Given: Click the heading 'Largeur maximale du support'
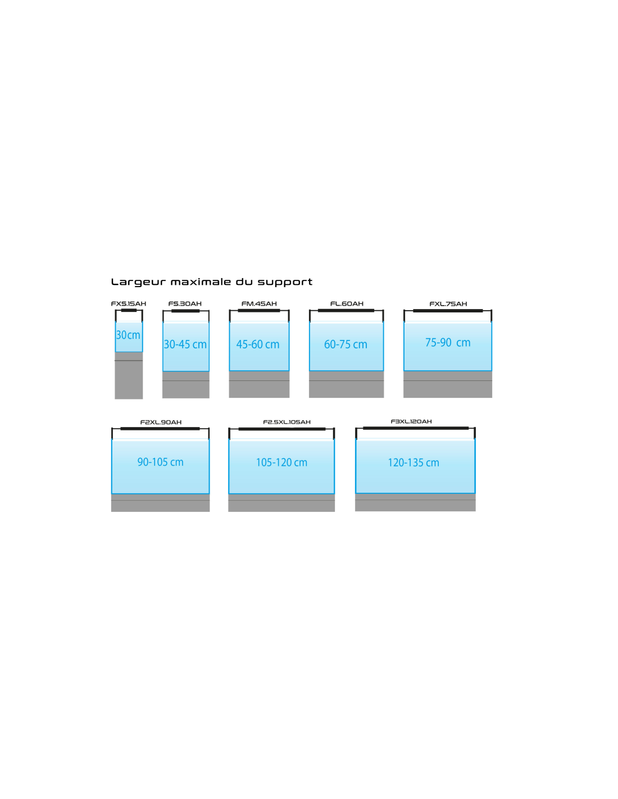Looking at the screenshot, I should (211, 282).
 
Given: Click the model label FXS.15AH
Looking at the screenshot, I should (129, 304).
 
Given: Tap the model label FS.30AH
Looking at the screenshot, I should (185, 304).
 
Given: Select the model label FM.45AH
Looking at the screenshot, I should (259, 304).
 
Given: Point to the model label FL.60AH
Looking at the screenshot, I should (347, 304).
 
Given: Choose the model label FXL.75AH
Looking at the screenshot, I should (448, 304).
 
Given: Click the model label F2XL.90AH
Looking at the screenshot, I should (161, 423).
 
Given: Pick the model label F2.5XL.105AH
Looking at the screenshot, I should (287, 422).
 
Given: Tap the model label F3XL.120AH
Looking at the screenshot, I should (411, 421).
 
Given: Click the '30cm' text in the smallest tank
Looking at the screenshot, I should (128, 335).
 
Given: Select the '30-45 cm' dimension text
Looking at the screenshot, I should (185, 344).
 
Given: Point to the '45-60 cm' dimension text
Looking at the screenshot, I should (258, 344).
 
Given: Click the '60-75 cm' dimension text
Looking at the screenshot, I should (346, 344).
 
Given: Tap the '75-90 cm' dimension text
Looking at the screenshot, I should (448, 343).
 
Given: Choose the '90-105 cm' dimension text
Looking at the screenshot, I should (161, 462).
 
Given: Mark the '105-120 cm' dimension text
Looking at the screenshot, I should (281, 463).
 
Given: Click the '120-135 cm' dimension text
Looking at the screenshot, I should (413, 463).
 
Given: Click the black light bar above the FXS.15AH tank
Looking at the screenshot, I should (129, 310).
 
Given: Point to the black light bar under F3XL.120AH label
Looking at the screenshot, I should (415, 428).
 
